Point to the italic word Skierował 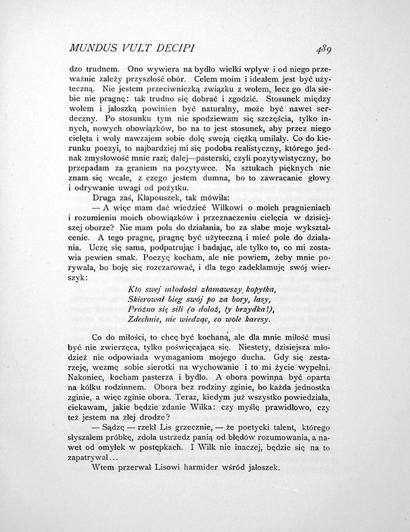coord(147,300)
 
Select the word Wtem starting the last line coord(105,468)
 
